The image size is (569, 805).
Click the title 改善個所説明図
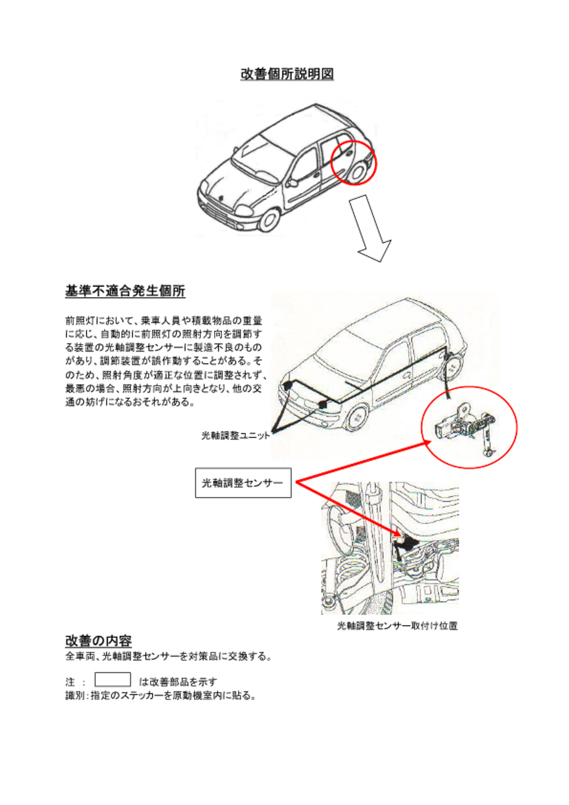[x=287, y=74]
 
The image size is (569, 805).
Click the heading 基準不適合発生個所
[x=125, y=291]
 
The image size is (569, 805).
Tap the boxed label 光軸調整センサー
[x=243, y=483]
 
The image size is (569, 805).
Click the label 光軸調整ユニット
[x=235, y=435]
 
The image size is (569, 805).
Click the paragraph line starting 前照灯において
[x=163, y=320]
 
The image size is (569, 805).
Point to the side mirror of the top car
[x=291, y=183]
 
